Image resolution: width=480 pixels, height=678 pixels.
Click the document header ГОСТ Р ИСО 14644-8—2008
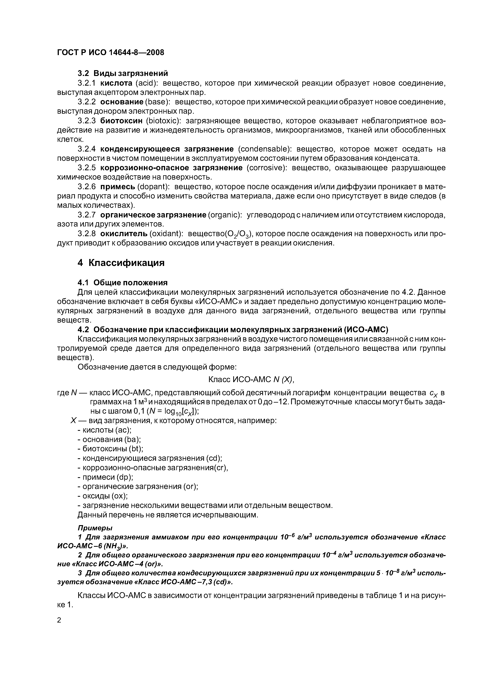tap(110, 53)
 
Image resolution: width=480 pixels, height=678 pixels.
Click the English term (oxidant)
tap(166, 234)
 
